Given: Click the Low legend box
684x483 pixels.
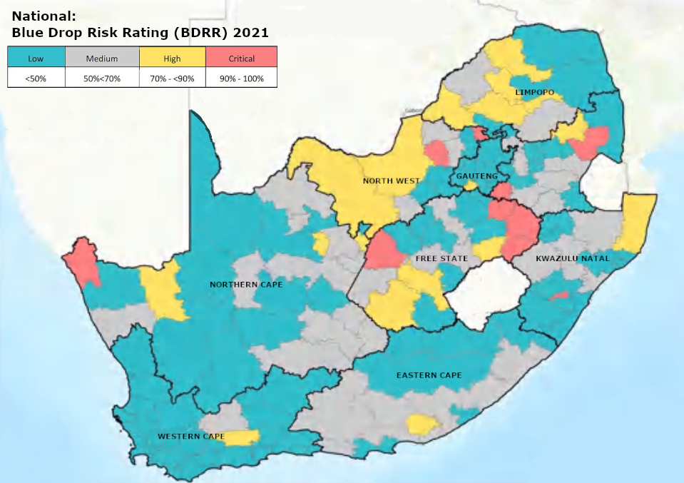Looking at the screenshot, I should pos(36,58).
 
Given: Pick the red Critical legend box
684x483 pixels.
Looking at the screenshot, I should pos(241,58).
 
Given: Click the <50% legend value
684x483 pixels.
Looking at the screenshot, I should pos(36,78).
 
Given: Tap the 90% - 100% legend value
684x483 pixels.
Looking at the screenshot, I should pos(241,78).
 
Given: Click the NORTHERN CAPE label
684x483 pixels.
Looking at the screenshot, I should pos(246,285).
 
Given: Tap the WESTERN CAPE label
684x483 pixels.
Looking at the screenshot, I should pos(191,436).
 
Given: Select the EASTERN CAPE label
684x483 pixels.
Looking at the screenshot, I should pos(429,375).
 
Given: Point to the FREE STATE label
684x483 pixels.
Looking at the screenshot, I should pos(441,258).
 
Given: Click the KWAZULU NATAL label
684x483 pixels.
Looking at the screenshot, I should pos(573,258).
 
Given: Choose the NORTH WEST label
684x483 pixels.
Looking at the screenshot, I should pos(391,181).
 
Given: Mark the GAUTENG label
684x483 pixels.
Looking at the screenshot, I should pos(472,176).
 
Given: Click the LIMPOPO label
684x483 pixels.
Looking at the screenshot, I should pos(534,93).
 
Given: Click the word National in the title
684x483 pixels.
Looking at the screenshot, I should pos(40,14).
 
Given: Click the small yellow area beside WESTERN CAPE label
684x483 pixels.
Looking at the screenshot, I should pos(243,437).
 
